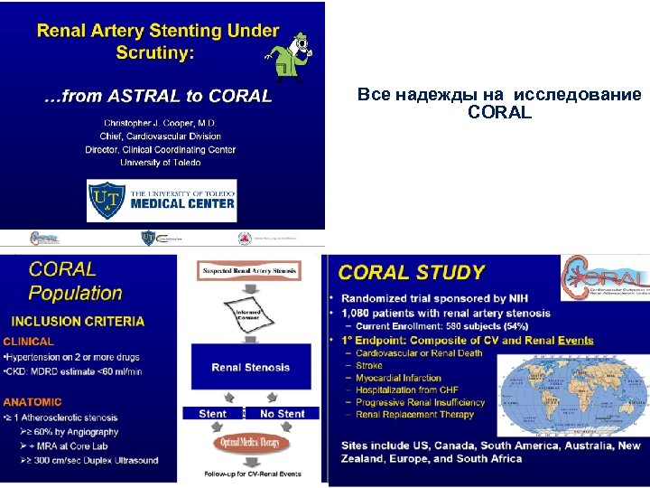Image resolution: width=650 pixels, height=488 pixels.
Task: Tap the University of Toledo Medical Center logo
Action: [x=161, y=201]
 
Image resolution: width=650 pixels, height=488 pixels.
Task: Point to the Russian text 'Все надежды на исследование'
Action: [x=499, y=95]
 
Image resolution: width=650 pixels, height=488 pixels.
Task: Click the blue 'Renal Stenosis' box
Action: [x=250, y=368]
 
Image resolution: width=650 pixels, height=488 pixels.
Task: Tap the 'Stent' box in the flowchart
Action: [x=212, y=414]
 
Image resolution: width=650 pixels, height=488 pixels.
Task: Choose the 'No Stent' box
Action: [x=282, y=414]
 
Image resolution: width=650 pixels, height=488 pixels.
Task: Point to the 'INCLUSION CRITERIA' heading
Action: [x=78, y=321]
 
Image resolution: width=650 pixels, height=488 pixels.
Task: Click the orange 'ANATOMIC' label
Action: [x=32, y=402]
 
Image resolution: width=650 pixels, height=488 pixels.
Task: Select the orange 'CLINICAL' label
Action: [x=29, y=342]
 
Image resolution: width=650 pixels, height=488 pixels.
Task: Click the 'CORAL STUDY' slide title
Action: [x=412, y=272]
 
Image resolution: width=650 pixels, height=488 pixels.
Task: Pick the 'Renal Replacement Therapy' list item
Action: [x=414, y=415]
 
